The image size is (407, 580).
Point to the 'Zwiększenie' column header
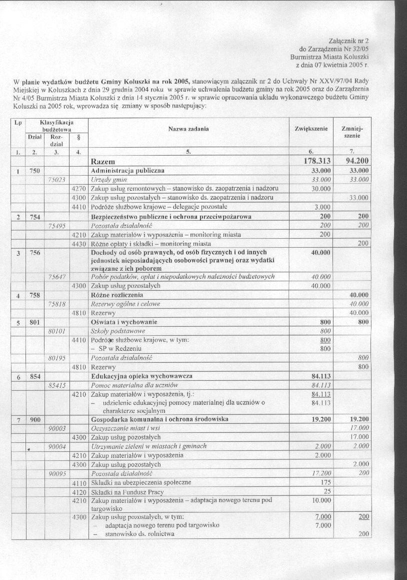click(x=311, y=129)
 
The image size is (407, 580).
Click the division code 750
click(x=34, y=171)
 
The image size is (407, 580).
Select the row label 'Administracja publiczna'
click(x=128, y=171)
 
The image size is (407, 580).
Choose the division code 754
click(x=34, y=216)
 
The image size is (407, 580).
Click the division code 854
click(x=34, y=376)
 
